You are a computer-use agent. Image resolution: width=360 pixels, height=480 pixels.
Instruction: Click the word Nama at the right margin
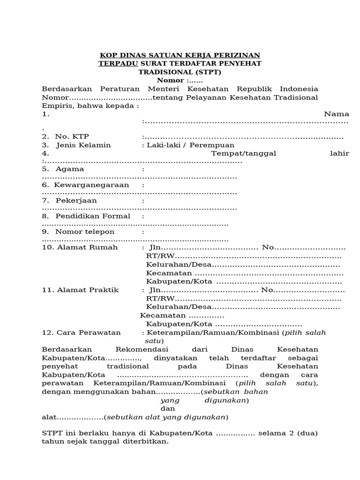click(336, 114)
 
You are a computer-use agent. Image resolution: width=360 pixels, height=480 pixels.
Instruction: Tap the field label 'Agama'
click(70, 169)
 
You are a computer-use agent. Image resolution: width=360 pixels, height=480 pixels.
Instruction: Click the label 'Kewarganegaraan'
click(91, 185)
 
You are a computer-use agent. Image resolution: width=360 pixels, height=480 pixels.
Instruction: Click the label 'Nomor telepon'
click(85, 232)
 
